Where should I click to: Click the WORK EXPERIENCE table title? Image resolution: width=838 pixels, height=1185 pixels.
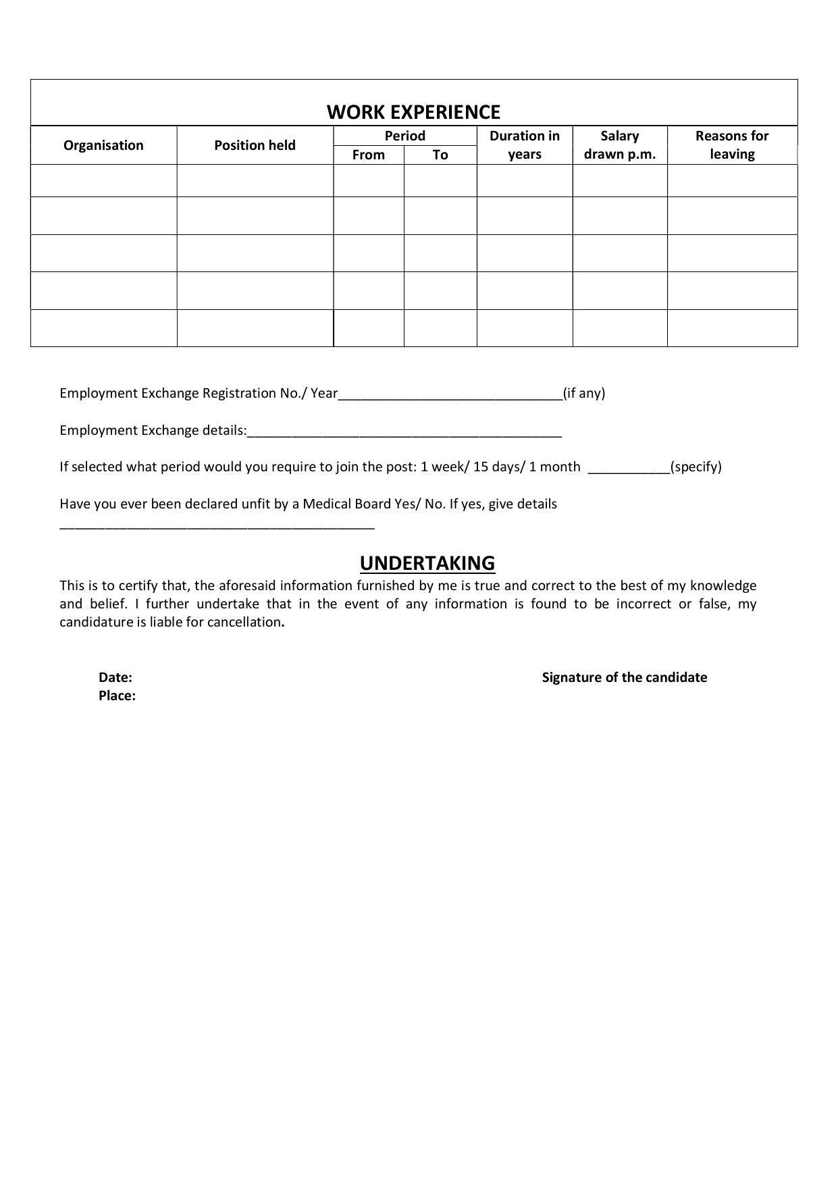pyautogui.click(x=413, y=112)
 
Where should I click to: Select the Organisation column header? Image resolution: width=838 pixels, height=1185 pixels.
pyautogui.click(x=103, y=145)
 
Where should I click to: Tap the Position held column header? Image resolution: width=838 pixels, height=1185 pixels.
pyautogui.click(x=255, y=145)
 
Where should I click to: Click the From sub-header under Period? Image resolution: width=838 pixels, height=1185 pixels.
pyautogui.click(x=368, y=155)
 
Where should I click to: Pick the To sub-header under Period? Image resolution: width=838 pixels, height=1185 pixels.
pyautogui.click(x=440, y=155)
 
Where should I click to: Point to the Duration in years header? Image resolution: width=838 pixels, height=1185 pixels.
pyautogui.click(x=525, y=144)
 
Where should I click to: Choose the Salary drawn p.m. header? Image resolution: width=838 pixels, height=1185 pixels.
pyautogui.click(x=619, y=144)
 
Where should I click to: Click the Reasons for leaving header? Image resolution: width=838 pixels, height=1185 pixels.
pyautogui.click(x=732, y=144)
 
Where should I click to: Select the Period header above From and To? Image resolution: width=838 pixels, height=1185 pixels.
pyautogui.click(x=404, y=136)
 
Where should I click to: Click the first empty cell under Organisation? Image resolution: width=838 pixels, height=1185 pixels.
pyautogui.click(x=103, y=181)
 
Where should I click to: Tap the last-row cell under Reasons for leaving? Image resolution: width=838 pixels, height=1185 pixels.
pyautogui.click(x=732, y=328)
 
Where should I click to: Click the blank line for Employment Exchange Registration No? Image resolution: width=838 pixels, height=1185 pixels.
pyautogui.click(x=450, y=395)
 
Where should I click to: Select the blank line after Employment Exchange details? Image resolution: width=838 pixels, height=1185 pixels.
pyautogui.click(x=404, y=432)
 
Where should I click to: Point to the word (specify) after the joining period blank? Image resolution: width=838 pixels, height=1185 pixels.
pyautogui.click(x=696, y=467)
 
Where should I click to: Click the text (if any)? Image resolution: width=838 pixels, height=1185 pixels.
pyautogui.click(x=584, y=393)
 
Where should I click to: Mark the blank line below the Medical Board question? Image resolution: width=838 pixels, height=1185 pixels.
pyautogui.click(x=217, y=525)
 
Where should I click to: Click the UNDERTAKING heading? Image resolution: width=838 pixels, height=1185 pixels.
pyautogui.click(x=427, y=563)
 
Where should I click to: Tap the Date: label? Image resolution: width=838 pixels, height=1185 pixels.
pyautogui.click(x=115, y=677)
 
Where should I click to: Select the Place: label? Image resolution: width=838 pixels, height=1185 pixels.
pyautogui.click(x=117, y=695)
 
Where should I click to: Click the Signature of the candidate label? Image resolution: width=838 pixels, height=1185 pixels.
pyautogui.click(x=624, y=677)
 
